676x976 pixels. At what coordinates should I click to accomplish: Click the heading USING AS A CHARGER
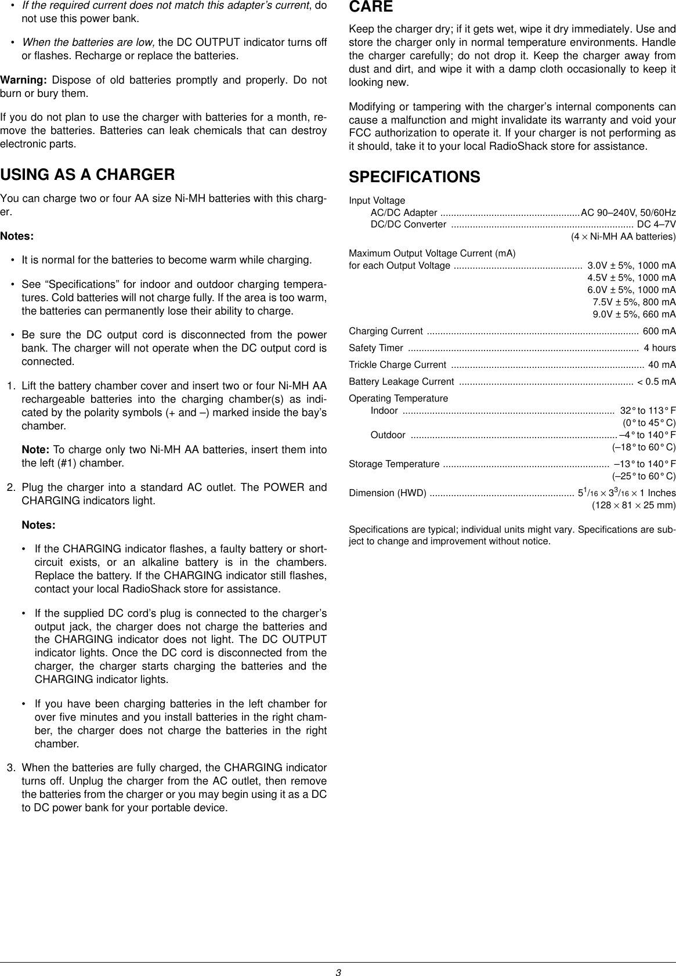click(x=88, y=175)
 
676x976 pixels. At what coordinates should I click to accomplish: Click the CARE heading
click(x=370, y=8)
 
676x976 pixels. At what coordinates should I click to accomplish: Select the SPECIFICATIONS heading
click(x=414, y=177)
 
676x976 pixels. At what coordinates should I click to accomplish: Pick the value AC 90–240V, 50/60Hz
click(x=628, y=212)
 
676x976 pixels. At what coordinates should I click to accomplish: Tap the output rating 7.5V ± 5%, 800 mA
click(x=634, y=285)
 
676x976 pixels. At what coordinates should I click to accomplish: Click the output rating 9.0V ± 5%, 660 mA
click(x=634, y=298)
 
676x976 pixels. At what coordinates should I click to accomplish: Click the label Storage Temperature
click(x=394, y=447)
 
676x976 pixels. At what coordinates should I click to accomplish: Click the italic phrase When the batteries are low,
click(x=89, y=43)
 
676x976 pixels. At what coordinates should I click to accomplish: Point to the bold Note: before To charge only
click(x=36, y=435)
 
